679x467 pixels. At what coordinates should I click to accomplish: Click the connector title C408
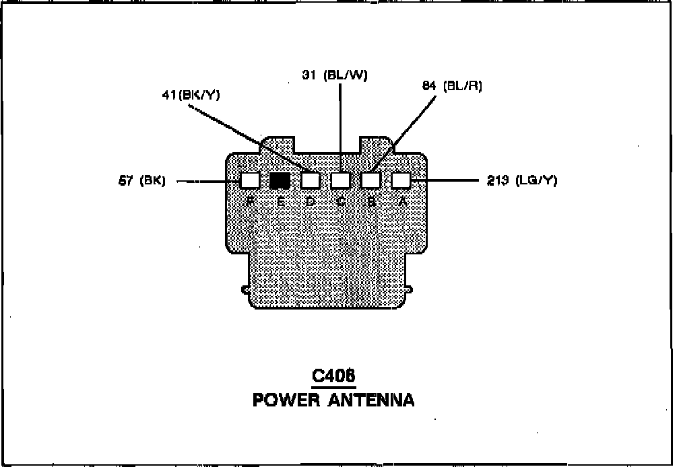click(x=333, y=376)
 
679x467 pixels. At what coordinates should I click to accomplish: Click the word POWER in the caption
click(x=286, y=400)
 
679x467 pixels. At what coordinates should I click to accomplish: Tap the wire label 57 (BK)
click(x=142, y=181)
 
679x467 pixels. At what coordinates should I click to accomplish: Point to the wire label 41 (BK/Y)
click(x=191, y=95)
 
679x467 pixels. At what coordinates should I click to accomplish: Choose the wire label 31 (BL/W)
click(x=335, y=75)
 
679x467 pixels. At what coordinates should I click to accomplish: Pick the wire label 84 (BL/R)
click(x=452, y=86)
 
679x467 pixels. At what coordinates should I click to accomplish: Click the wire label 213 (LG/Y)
click(x=522, y=180)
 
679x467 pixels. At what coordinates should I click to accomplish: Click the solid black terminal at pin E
click(x=280, y=180)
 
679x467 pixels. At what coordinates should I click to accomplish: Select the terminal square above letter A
click(x=401, y=180)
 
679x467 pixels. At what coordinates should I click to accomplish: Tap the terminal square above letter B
click(x=371, y=180)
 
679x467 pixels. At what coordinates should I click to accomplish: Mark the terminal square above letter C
click(x=341, y=180)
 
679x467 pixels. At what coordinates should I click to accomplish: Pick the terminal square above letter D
click(x=310, y=180)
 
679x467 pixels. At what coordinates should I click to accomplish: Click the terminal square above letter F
click(x=250, y=180)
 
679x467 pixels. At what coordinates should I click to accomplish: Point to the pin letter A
click(x=402, y=201)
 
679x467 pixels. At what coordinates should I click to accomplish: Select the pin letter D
click(x=311, y=201)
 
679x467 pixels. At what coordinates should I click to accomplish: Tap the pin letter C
click(x=342, y=201)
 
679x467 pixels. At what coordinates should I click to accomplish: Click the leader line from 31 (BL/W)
click(x=340, y=121)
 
